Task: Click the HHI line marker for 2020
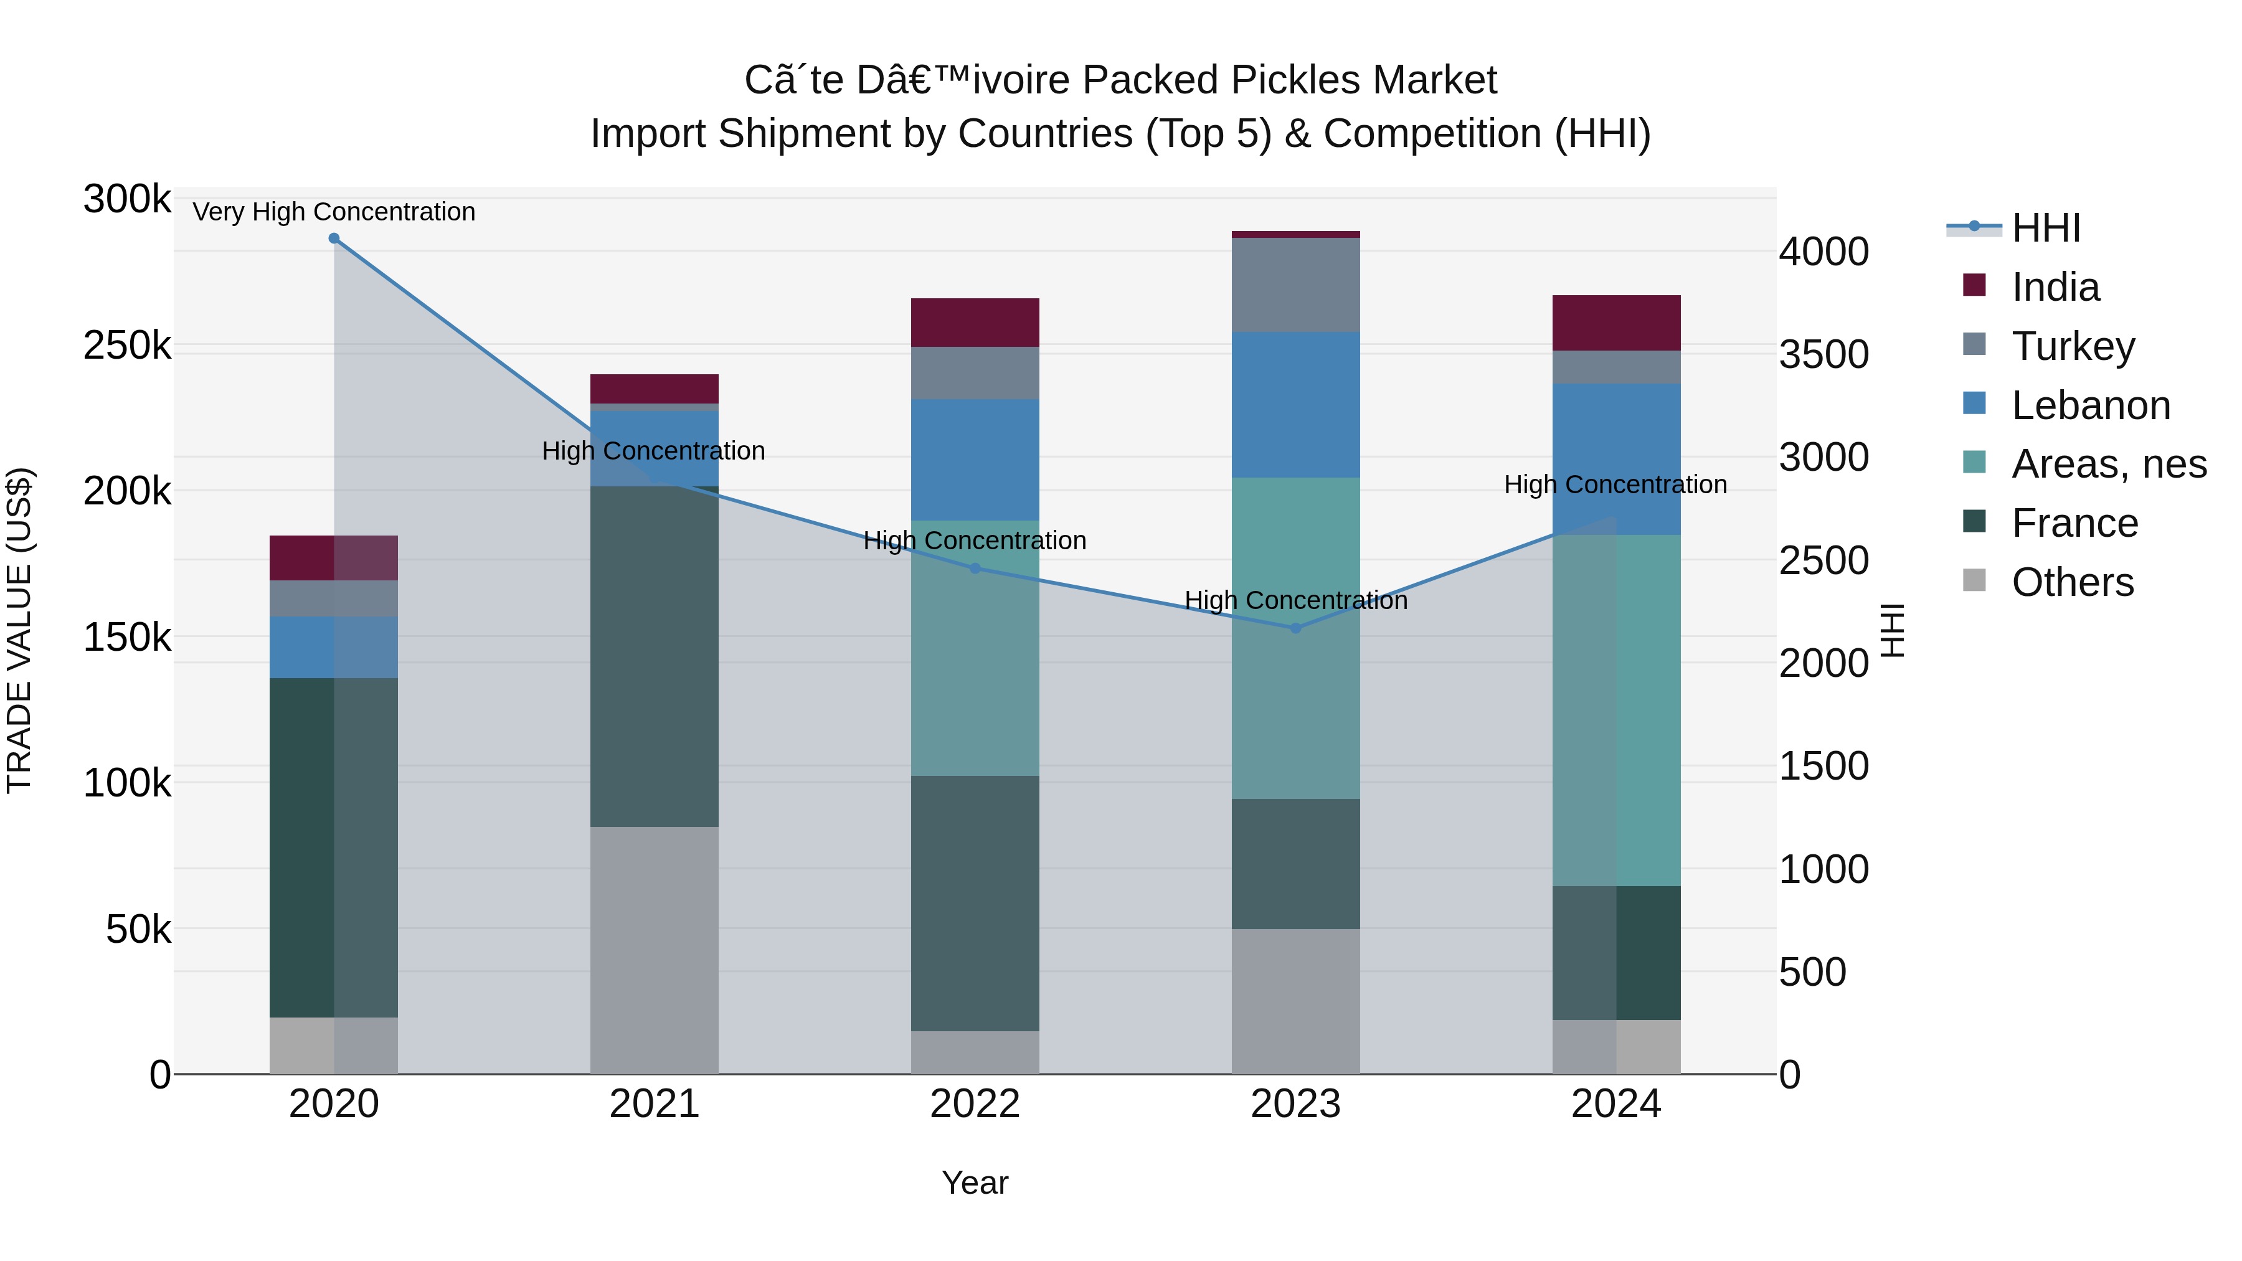tap(334, 239)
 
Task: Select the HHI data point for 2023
tap(1295, 628)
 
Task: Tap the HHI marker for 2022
tap(975, 569)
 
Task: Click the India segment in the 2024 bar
tap(1616, 323)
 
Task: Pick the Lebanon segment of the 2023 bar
tap(1295, 405)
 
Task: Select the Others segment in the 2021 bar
tap(655, 950)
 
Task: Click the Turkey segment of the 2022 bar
tap(975, 374)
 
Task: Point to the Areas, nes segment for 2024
tap(1616, 710)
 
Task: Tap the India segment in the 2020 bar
tap(334, 558)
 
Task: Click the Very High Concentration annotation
tap(334, 212)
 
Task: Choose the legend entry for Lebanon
tap(2091, 405)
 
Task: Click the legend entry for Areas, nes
tap(2109, 465)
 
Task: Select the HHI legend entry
tap(2045, 228)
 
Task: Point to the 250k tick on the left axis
tap(127, 346)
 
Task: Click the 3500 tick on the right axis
tap(1823, 355)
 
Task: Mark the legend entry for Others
tap(2072, 582)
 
